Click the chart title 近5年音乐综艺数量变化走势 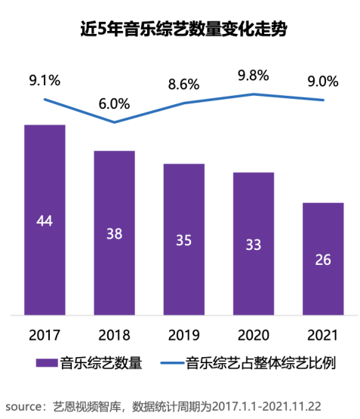pos(179,29)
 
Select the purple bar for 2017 pos(45,219)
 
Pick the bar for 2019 pos(183,239)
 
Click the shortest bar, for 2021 pos(322,258)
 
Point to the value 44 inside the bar pos(45,220)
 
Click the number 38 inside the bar pos(114,233)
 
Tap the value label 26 pos(322,259)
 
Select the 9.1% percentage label pos(45,78)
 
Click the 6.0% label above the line pos(114,103)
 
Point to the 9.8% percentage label pos(253,75)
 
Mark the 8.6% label pos(183,85)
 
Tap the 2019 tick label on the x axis pos(183,334)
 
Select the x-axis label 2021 pos(322,334)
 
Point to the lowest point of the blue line pos(114,122)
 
